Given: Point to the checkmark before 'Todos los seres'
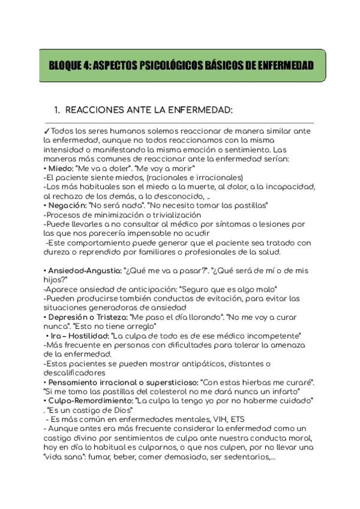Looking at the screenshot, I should point(47,131).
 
